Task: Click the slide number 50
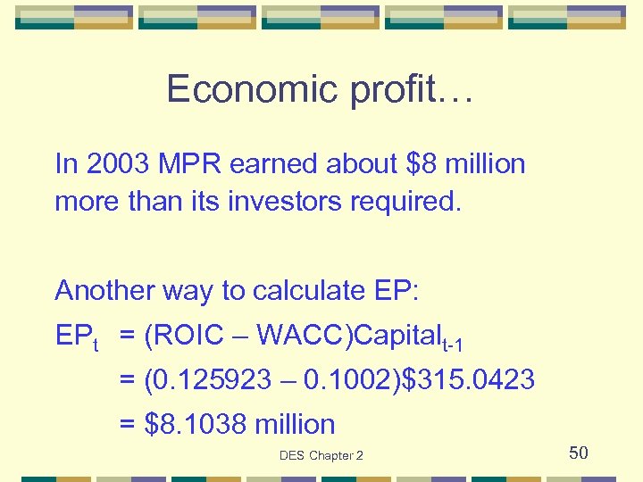579,453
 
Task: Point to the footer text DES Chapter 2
321,456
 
